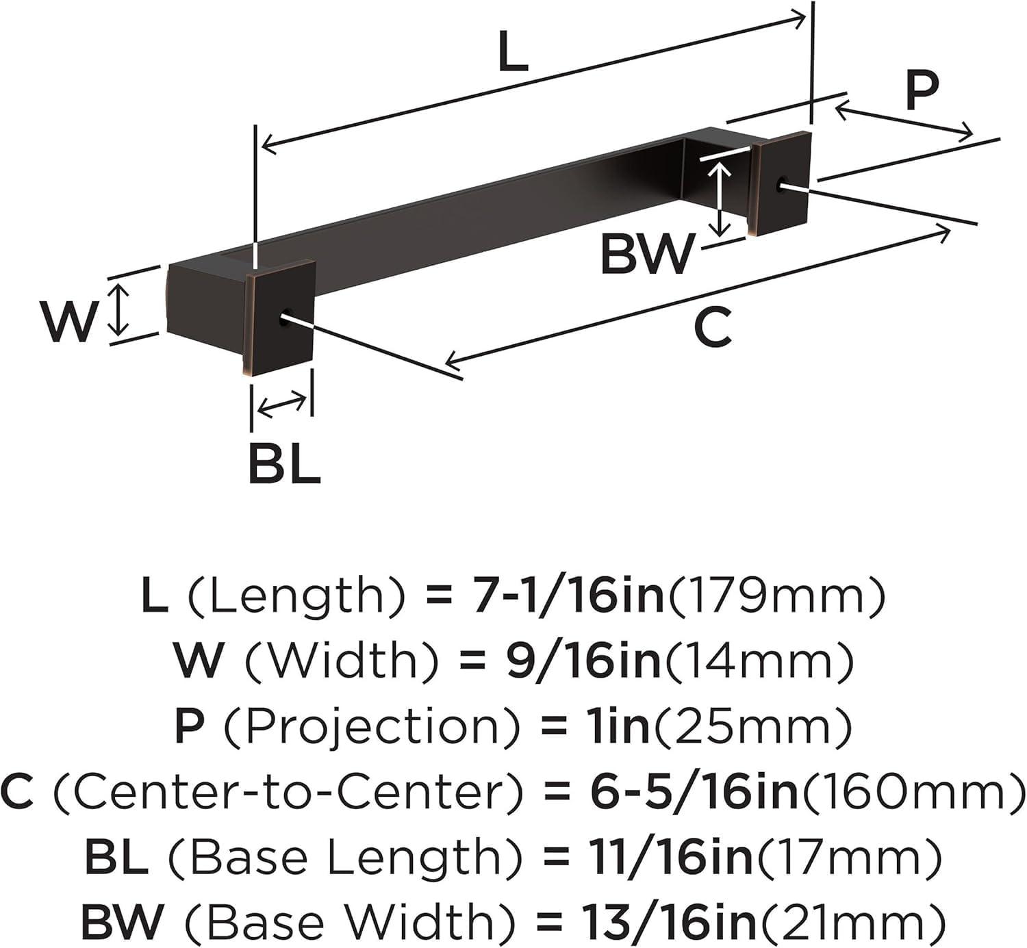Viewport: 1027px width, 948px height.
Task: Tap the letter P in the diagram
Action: point(921,91)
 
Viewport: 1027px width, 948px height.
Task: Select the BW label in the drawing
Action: point(647,253)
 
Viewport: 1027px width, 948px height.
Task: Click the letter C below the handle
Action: point(712,326)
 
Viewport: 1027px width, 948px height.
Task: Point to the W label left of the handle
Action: point(67,321)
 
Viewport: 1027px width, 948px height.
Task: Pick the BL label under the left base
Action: point(284,463)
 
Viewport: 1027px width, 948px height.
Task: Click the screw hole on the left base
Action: point(286,317)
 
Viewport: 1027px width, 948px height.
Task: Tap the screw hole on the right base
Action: point(783,183)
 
